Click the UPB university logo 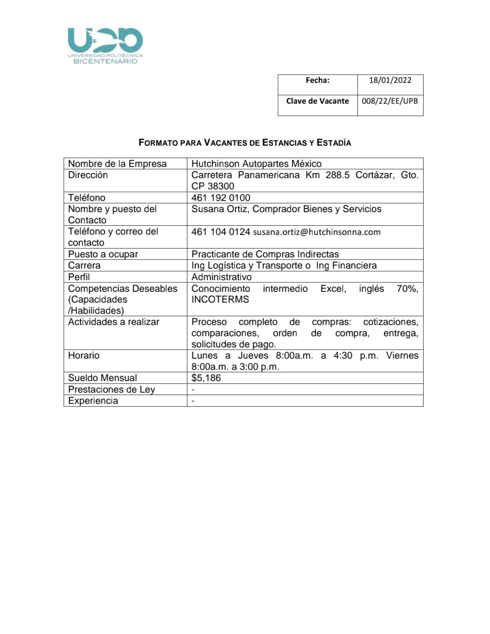point(105,45)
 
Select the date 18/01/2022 point(390,80)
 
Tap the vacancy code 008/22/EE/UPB point(390,101)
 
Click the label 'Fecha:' point(317,80)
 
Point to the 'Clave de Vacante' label point(317,101)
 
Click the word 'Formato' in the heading point(159,143)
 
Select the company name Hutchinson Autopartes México point(256,164)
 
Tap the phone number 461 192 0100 point(221,198)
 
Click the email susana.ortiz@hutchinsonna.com point(317,232)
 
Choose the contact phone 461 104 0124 point(220,232)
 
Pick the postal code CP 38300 point(213,186)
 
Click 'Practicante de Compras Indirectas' point(265,254)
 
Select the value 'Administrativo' point(221,277)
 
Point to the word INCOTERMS point(220,299)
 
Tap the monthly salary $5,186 point(206,378)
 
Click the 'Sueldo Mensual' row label point(102,378)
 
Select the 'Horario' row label point(84,355)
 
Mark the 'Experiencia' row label point(93,401)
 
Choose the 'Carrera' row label point(84,265)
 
